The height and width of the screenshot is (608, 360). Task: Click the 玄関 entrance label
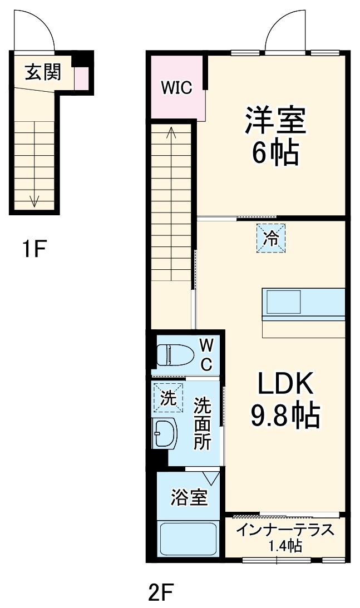(42, 72)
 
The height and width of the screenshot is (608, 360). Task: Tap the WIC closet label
(176, 87)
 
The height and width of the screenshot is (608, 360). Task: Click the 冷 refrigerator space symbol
(271, 238)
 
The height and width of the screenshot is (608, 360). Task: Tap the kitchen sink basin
(283, 303)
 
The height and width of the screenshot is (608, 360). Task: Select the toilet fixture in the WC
(173, 354)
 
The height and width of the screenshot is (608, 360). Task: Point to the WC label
(206, 355)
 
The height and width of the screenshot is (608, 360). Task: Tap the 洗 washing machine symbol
(168, 397)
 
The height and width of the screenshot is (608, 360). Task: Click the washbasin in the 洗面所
(164, 432)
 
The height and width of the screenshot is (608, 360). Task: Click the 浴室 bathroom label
(189, 497)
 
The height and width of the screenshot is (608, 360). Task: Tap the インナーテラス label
(285, 529)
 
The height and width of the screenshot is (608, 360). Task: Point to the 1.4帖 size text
(285, 546)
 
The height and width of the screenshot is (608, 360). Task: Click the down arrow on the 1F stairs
(34, 199)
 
